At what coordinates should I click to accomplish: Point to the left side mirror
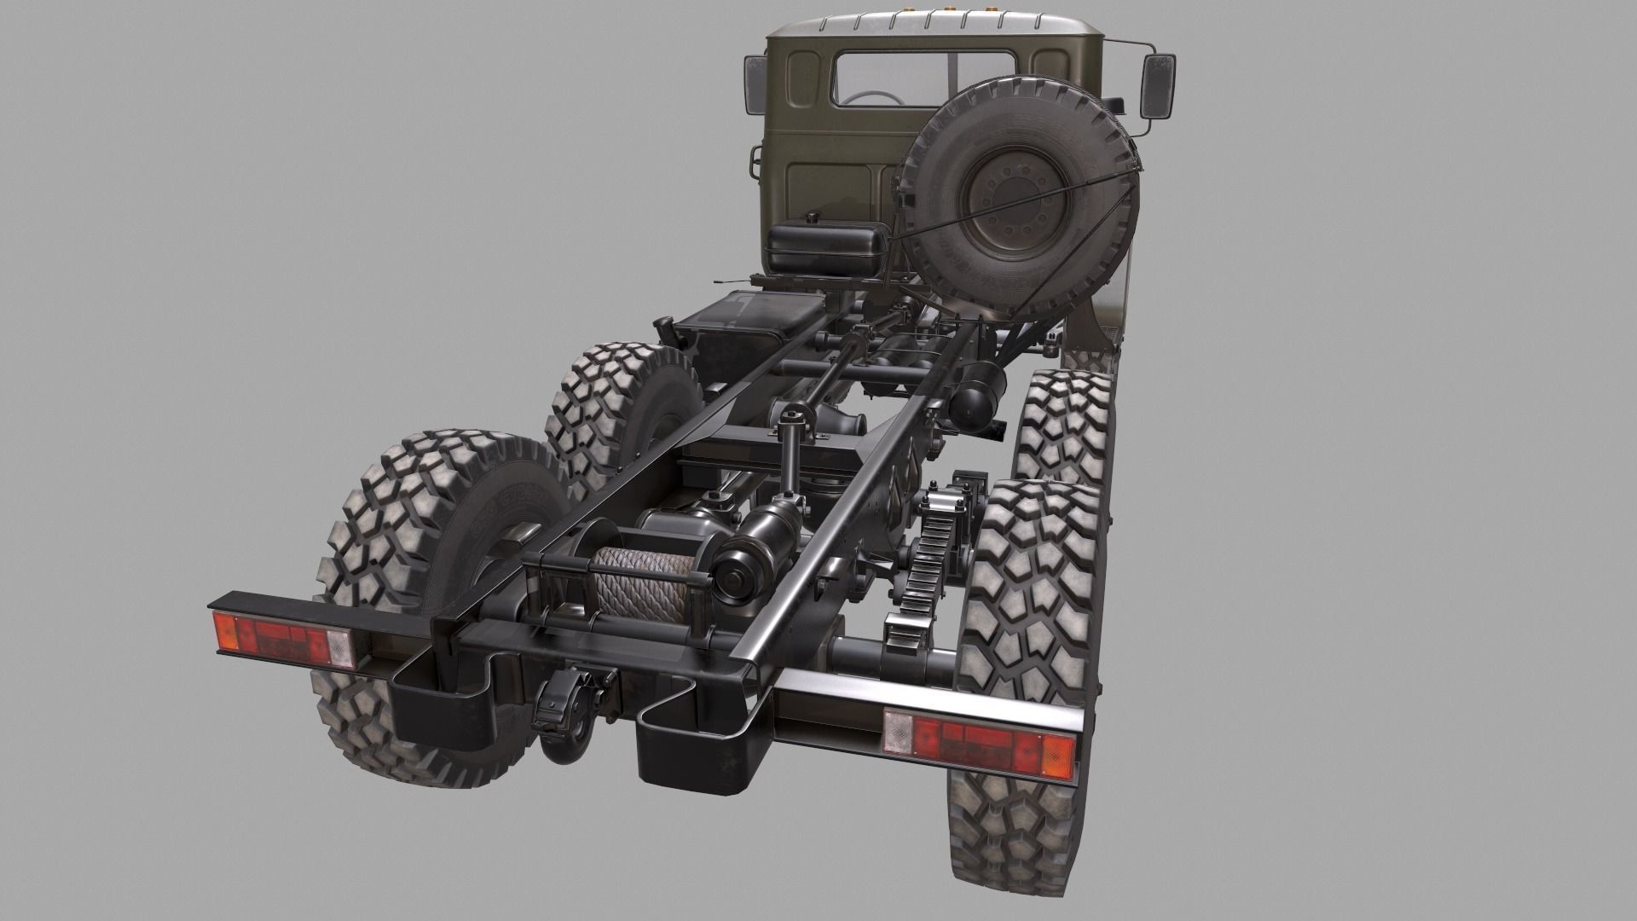click(755, 85)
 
